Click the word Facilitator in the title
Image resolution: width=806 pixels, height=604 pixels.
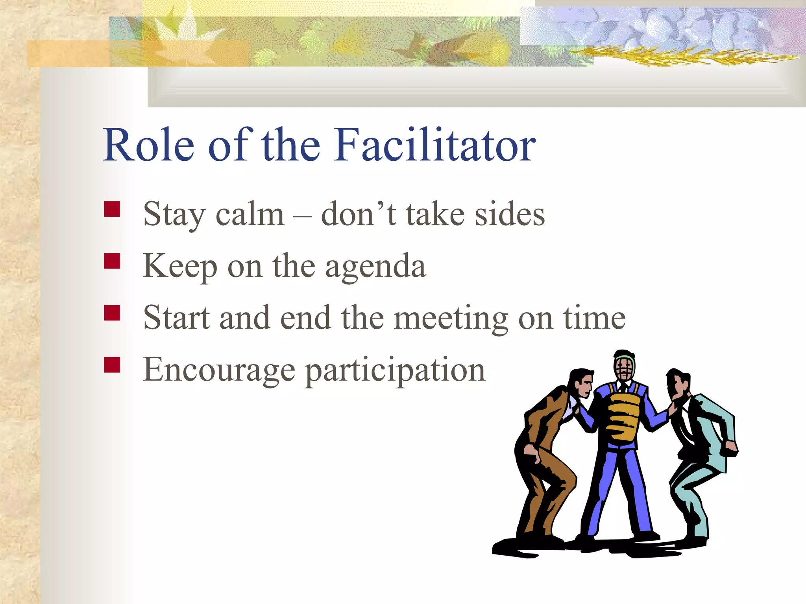click(x=434, y=145)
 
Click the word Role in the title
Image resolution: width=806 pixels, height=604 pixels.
click(x=149, y=145)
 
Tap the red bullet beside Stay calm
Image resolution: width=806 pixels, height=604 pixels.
click(x=112, y=209)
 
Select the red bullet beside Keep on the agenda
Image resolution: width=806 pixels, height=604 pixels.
click(x=112, y=261)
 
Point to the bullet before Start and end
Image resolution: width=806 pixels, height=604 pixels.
click(x=112, y=313)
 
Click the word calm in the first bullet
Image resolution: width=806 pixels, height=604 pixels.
click(x=250, y=215)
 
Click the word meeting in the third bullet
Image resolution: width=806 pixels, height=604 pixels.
click(x=451, y=319)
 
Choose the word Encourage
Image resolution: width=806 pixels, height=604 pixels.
click(x=219, y=370)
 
